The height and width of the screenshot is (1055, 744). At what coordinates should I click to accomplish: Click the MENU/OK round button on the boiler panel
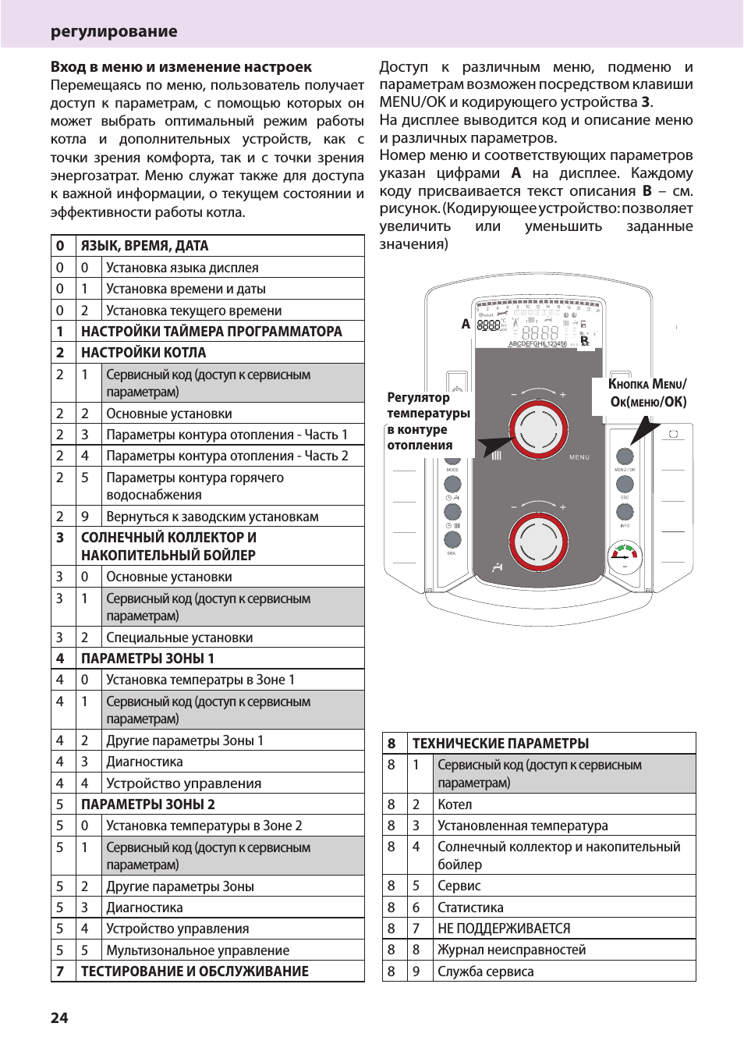point(625,456)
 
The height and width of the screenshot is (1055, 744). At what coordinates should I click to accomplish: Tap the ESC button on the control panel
point(625,484)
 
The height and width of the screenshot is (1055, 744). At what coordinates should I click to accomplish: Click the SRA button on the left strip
point(452,540)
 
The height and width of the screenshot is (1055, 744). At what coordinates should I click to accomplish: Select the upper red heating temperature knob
point(537,428)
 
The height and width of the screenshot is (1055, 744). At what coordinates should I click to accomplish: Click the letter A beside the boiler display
point(466,324)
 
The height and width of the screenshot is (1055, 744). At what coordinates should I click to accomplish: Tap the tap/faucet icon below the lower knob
point(498,567)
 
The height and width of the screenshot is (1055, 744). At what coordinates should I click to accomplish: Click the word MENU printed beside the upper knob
point(579,457)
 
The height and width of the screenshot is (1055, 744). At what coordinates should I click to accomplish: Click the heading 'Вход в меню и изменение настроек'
point(181,67)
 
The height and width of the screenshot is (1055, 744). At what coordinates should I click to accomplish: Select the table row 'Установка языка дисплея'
point(182,268)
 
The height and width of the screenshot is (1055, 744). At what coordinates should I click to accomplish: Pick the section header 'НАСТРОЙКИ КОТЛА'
point(143,353)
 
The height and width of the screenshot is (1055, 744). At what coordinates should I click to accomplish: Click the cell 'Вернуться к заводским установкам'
point(212,517)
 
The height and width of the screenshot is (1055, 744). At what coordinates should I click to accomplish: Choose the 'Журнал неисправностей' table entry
point(512,950)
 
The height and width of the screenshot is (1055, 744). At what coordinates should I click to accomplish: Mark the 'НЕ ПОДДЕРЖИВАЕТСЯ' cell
point(504,929)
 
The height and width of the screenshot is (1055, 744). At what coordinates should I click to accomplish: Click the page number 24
point(59,1018)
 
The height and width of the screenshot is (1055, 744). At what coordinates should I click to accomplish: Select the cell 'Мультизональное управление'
point(197,950)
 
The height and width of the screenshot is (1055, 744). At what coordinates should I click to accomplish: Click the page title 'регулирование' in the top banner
point(114,32)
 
